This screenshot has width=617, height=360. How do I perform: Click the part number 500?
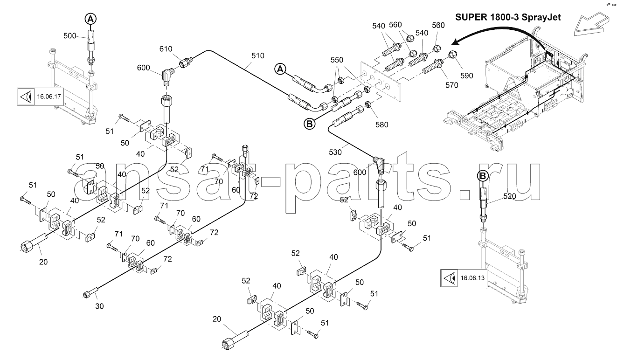(x=69, y=35)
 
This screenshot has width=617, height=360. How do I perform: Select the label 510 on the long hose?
(x=257, y=55)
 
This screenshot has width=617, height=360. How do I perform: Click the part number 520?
(x=510, y=197)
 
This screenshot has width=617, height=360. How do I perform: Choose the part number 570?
(x=438, y=85)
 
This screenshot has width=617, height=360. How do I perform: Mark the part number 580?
(x=381, y=125)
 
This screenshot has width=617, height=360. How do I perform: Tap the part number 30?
(x=99, y=306)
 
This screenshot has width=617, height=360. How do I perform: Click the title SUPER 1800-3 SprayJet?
(x=508, y=18)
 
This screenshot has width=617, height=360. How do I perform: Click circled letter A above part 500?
(x=90, y=19)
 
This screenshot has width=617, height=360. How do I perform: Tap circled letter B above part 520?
(x=482, y=176)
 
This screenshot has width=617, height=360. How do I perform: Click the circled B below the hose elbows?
(x=309, y=124)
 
